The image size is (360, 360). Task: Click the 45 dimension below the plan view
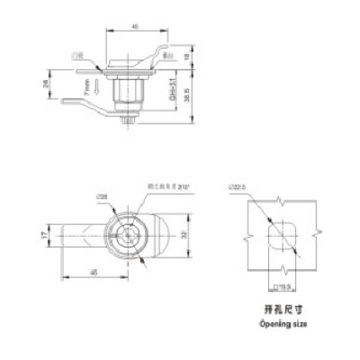point(92,273)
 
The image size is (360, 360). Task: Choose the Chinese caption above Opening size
point(281,308)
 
